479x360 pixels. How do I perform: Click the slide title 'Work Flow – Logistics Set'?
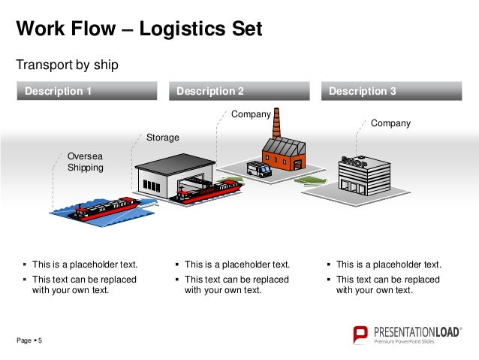pyautogui.click(x=140, y=29)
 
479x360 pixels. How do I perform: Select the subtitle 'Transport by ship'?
pyautogui.click(x=68, y=65)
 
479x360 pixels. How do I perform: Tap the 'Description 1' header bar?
pyautogui.click(x=89, y=91)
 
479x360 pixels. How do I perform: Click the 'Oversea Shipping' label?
pyautogui.click(x=85, y=162)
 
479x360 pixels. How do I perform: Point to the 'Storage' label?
pyautogui.click(x=162, y=138)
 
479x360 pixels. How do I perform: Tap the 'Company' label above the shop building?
pyautogui.click(x=390, y=123)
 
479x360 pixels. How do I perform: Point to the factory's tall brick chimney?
pyautogui.click(x=276, y=123)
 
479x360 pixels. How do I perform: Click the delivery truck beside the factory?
pyautogui.click(x=258, y=169)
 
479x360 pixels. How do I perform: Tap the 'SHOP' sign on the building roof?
pyautogui.click(x=354, y=162)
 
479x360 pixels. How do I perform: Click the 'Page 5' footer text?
pyautogui.click(x=30, y=342)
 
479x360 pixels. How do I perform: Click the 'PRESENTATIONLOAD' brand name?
pyautogui.click(x=416, y=331)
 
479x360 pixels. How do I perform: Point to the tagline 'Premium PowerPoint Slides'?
pyautogui.click(x=404, y=343)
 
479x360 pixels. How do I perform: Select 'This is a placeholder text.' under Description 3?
pyautogui.click(x=389, y=265)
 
